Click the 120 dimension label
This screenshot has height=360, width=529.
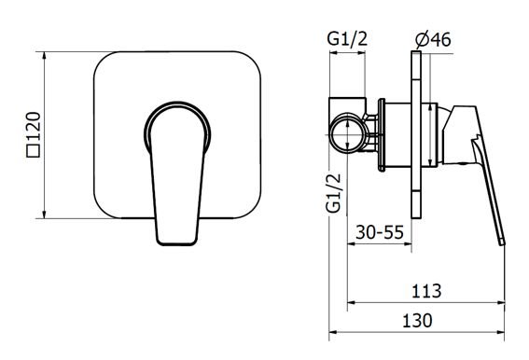coord(35,126)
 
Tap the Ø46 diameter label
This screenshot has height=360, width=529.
coord(433,40)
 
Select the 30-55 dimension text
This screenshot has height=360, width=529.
coord(380,232)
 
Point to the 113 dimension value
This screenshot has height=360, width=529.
coord(426,291)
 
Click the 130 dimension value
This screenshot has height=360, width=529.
coord(417,321)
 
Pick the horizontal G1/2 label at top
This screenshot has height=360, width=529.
coord(347,39)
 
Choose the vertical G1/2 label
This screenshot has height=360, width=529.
coord(334,193)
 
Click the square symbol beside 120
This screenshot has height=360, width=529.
coord(34,150)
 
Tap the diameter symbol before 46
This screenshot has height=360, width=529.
coord(423,40)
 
